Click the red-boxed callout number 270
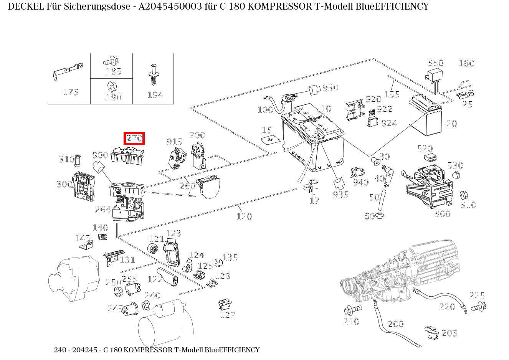134,138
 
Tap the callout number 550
435,63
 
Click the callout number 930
330,88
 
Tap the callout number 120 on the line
244,216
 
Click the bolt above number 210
352,309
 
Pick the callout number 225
477,296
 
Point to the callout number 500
442,214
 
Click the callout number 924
389,123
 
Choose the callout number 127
227,315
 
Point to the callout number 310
66,159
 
